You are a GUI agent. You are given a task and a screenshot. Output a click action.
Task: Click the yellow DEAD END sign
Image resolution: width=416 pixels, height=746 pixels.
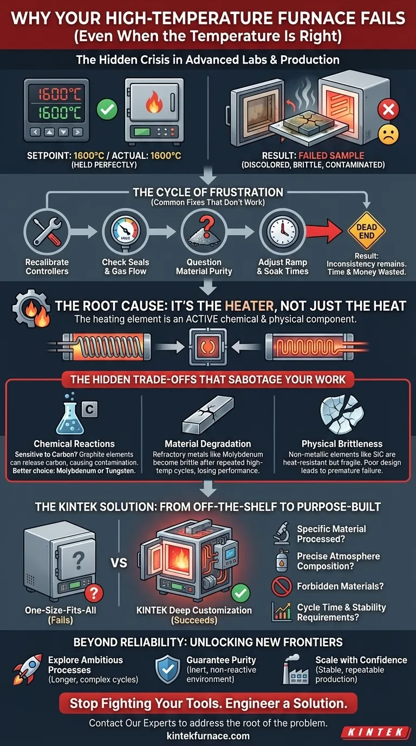click(366, 231)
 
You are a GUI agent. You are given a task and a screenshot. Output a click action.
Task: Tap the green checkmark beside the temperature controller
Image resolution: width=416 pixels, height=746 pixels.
click(107, 109)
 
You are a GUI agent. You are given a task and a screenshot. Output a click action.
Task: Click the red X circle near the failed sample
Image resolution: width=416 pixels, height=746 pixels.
click(388, 109)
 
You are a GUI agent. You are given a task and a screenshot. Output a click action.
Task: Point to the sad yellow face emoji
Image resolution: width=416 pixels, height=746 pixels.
click(388, 134)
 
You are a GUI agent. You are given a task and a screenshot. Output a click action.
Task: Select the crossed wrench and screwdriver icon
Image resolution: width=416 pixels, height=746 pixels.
click(47, 231)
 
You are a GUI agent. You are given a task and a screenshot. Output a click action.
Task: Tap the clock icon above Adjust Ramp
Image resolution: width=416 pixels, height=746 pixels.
click(283, 231)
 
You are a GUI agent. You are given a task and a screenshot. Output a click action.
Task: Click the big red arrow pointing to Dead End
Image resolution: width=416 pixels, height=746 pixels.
click(324, 231)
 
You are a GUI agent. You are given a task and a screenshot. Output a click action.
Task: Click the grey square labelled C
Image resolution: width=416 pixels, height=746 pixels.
click(89, 409)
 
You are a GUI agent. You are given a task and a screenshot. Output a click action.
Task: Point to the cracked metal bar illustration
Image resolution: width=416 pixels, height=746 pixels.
click(208, 415)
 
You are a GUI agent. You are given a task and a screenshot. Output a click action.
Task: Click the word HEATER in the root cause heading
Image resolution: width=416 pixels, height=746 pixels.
click(249, 306)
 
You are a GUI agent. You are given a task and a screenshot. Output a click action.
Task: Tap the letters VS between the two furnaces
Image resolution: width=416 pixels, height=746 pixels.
click(119, 563)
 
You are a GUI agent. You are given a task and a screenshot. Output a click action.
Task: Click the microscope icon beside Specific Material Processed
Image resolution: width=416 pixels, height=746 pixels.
click(282, 533)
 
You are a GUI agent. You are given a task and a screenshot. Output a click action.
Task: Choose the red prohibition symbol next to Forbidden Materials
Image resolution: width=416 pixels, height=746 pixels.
click(282, 587)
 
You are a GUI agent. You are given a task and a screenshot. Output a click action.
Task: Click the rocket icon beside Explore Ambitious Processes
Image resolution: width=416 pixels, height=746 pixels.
click(28, 669)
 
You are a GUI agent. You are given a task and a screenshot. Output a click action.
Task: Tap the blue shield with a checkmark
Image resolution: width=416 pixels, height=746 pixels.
click(168, 669)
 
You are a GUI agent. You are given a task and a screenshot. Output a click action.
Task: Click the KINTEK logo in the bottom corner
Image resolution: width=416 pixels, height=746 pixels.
click(375, 732)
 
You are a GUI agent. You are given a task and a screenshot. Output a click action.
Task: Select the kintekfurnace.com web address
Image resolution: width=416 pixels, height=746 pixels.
click(208, 736)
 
